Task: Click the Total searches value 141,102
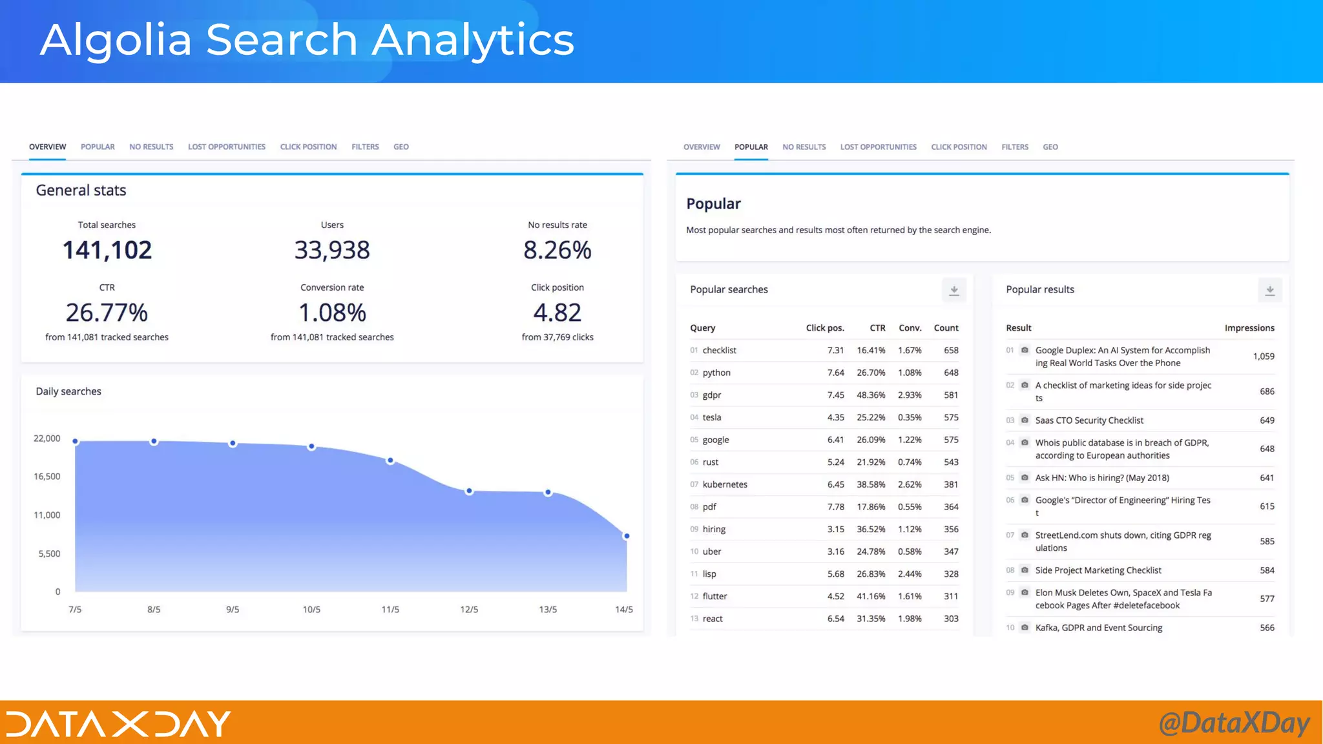pos(107,251)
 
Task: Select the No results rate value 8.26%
pos(557,251)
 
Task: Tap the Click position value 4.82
pos(557,313)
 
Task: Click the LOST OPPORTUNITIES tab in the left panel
pos(226,147)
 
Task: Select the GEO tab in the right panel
pos(1050,147)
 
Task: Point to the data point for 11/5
pos(390,460)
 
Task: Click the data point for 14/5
pos(626,536)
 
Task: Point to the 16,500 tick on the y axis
pos(47,477)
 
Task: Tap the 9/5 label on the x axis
pos(233,610)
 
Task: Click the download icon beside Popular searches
pos(953,291)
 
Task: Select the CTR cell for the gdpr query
pos(870,395)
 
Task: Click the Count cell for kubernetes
pos(950,484)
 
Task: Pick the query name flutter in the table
pos(714,596)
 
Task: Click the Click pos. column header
pos(824,328)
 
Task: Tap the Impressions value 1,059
pos(1263,356)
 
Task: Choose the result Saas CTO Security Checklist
pos(1089,420)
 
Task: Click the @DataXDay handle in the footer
pos(1234,723)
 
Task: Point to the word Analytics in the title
pos(473,40)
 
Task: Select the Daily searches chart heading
pos(68,391)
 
